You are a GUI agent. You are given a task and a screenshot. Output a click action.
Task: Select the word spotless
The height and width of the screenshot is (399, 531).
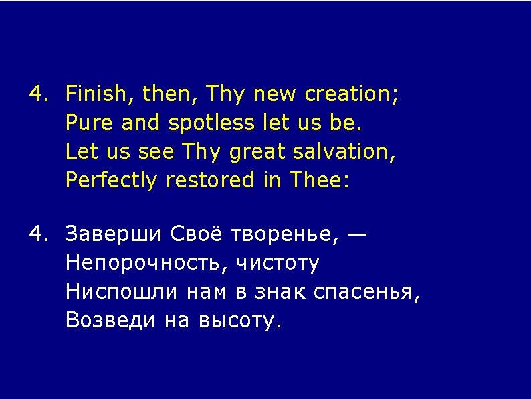click(212, 123)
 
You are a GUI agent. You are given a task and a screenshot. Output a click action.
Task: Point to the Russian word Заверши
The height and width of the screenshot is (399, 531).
click(114, 235)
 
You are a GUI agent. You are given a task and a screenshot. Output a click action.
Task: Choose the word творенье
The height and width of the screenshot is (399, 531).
click(287, 236)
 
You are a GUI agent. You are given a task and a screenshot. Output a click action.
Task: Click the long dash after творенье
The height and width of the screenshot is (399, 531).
click(357, 235)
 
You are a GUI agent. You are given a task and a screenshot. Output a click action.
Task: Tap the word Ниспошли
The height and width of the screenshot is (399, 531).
click(122, 292)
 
